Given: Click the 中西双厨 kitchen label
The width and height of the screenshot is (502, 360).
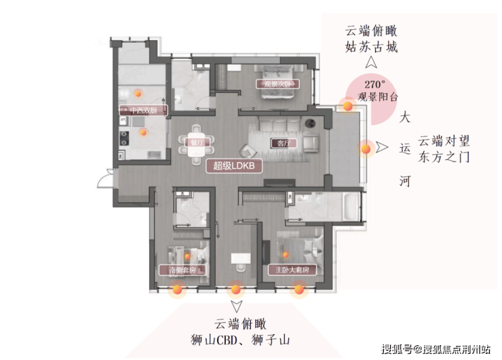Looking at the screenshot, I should click(x=138, y=109).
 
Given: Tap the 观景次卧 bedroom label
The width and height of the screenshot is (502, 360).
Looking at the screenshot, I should click(x=273, y=84).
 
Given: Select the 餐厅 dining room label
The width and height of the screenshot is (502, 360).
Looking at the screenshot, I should click(x=197, y=143).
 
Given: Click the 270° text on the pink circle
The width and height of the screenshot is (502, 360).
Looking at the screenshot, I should click(x=374, y=85).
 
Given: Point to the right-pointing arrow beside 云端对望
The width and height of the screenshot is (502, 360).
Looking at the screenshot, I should click(x=383, y=146).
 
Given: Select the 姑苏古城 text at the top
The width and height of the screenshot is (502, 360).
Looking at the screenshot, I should click(x=370, y=48).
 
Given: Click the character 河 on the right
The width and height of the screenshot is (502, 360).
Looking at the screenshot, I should click(x=405, y=182).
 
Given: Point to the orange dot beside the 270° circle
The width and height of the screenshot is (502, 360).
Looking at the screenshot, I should click(x=347, y=104).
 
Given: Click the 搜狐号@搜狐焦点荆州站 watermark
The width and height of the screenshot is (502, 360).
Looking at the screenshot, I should click(x=436, y=350).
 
